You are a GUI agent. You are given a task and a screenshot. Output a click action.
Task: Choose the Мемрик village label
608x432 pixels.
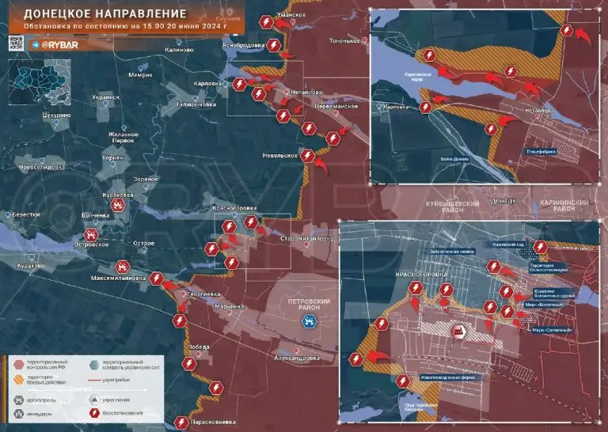point(139,75)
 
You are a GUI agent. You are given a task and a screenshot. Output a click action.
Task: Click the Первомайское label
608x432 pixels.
point(339,106)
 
